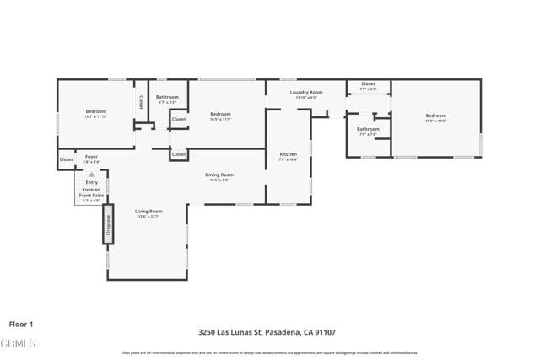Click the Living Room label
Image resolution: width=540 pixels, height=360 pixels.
tap(148, 211)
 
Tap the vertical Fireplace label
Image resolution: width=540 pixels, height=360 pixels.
tap(108, 224)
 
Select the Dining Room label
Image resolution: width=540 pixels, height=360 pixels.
tap(219, 175)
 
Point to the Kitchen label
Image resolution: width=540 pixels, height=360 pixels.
tap(288, 154)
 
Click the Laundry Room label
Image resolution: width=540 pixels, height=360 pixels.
tap(305, 92)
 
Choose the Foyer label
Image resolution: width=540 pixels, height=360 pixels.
tap(91, 156)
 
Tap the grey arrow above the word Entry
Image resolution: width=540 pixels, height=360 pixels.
tap(91, 175)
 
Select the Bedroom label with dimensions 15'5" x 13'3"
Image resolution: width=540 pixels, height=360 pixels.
tap(435, 116)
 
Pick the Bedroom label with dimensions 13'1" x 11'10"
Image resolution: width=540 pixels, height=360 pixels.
tap(95, 111)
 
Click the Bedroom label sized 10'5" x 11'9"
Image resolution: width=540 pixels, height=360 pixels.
tap(220, 114)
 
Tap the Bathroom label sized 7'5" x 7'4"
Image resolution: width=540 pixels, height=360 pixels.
tap(368, 129)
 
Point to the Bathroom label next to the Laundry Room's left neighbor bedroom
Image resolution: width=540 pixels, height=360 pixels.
tap(167, 97)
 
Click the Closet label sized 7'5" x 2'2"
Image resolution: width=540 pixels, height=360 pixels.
tap(368, 83)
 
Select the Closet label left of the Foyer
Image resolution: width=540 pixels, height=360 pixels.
tap(66, 159)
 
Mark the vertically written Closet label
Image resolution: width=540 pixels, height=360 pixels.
tap(141, 101)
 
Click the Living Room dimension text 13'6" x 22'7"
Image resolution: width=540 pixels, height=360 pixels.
tap(148, 217)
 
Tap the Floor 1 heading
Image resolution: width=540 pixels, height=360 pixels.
tap(21, 324)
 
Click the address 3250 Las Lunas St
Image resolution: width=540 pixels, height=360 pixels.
tap(230, 332)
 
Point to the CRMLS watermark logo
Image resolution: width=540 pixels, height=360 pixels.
tap(19, 343)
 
